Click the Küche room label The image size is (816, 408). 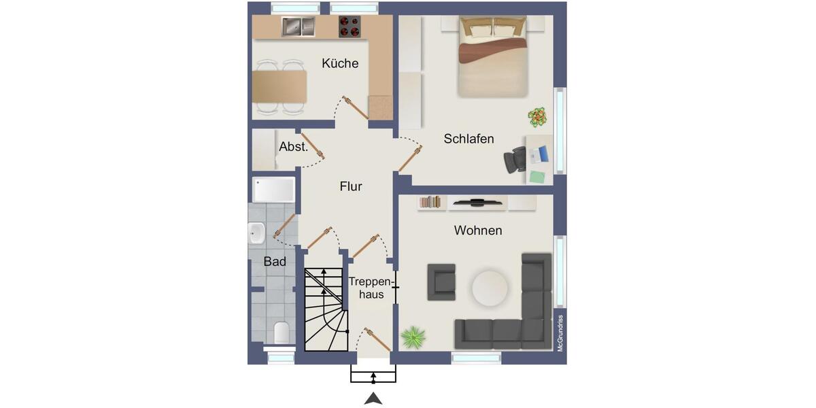tap(340, 63)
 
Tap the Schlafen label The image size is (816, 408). tap(469, 139)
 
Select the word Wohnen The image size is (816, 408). tap(478, 231)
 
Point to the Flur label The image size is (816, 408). tap(351, 186)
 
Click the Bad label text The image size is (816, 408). tap(275, 261)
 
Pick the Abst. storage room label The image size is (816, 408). tap(294, 146)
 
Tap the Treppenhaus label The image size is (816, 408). tap(371, 288)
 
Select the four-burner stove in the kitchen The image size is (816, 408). tap(350, 27)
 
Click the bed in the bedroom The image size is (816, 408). tap(493, 57)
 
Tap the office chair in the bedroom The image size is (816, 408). tap(515, 160)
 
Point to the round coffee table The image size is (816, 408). tap(490, 288)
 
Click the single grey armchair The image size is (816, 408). tap(441, 282)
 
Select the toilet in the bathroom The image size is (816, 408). tap(281, 333)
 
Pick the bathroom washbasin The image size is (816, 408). tap(256, 233)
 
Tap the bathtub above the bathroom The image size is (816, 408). tap(273, 190)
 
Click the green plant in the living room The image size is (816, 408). tap(413, 337)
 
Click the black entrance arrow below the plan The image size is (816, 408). tap(373, 399)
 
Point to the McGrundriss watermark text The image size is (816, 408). tap(560, 333)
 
